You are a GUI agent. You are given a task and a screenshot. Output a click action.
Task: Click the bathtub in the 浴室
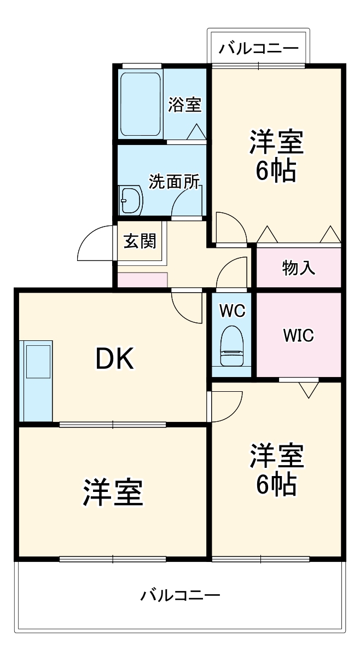(x=140, y=103)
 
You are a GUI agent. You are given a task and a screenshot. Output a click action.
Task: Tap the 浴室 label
(x=184, y=105)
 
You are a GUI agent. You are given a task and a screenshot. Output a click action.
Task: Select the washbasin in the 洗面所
(x=130, y=201)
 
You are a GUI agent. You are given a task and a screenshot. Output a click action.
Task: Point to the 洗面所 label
(x=175, y=182)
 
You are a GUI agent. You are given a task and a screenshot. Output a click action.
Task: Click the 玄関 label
(x=140, y=241)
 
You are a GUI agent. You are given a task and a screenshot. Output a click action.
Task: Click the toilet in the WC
(x=231, y=346)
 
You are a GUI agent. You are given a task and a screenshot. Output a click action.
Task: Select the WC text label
(x=232, y=311)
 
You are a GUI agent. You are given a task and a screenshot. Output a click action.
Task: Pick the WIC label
(x=298, y=335)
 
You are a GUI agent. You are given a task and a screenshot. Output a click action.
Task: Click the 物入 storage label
(x=298, y=268)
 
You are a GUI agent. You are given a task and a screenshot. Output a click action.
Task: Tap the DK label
(x=115, y=358)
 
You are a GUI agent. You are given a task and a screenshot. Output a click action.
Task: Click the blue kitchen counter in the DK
(x=36, y=381)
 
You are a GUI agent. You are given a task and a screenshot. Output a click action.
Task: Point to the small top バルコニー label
(x=259, y=49)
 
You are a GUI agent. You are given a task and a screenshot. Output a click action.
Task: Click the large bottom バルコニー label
(x=180, y=595)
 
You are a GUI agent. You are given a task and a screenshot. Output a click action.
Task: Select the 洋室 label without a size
(x=113, y=492)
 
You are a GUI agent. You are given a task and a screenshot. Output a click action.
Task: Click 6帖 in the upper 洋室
(x=276, y=171)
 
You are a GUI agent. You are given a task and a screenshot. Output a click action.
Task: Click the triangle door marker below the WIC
(x=309, y=390)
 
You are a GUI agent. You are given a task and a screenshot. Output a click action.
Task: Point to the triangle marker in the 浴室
(x=196, y=132)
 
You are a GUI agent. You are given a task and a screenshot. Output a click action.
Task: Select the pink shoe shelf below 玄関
(x=142, y=280)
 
